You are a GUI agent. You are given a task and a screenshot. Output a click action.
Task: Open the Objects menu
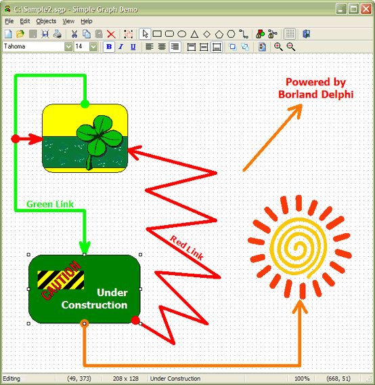pyautogui.click(x=46, y=21)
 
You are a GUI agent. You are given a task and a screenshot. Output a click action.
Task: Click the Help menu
pyautogui.click(x=87, y=21)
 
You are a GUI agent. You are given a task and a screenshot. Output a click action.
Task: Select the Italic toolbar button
pyautogui.click(x=120, y=47)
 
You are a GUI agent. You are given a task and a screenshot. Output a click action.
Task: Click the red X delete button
pyautogui.click(x=111, y=34)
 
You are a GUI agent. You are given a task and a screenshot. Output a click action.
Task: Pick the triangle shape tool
pyautogui.click(x=194, y=34)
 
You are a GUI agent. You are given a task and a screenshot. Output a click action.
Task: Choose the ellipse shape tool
pyautogui.click(x=181, y=34)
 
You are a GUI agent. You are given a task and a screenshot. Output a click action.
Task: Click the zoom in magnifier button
pyautogui.click(x=278, y=47)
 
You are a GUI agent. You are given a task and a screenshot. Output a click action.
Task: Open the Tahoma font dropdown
pyautogui.click(x=68, y=47)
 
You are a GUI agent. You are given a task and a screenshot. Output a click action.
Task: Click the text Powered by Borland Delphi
pyautogui.click(x=315, y=88)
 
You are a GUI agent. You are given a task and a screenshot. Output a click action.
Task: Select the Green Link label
pyautogui.click(x=50, y=204)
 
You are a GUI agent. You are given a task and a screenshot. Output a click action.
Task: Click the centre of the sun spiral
pyautogui.click(x=292, y=245)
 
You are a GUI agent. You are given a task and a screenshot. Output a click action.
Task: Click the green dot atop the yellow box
pyautogui.click(x=85, y=104)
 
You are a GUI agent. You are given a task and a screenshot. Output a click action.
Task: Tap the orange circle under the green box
pyautogui.click(x=84, y=324)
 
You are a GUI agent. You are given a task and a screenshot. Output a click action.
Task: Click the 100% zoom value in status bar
pyautogui.click(x=302, y=378)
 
